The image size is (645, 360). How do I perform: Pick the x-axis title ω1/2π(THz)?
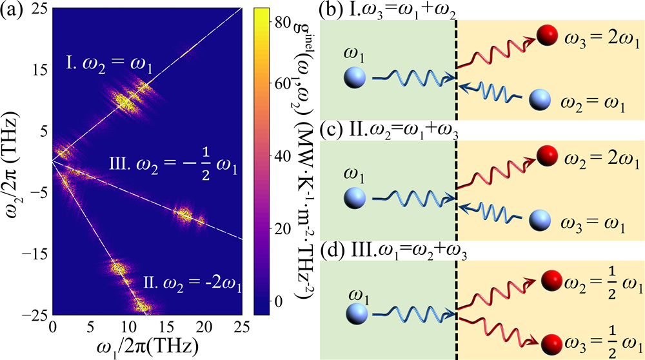tap(143, 345)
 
